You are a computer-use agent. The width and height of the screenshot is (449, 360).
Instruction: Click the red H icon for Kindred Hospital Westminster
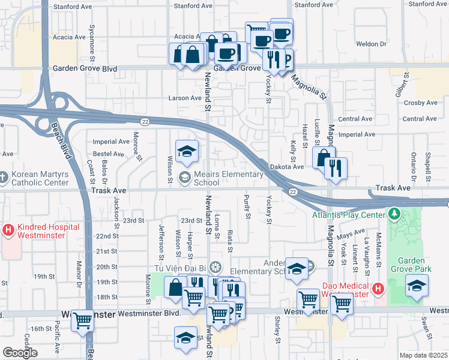(8, 229)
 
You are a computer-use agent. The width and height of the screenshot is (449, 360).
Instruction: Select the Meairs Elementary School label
(229, 178)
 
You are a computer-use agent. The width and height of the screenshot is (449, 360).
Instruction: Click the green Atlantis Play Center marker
(394, 214)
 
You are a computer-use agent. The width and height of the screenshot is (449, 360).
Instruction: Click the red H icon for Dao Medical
(378, 289)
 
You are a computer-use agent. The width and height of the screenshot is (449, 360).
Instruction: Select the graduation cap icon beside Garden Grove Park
(417, 286)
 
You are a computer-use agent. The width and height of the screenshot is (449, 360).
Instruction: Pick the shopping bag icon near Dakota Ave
(324, 159)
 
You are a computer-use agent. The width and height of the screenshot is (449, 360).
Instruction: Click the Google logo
(20, 353)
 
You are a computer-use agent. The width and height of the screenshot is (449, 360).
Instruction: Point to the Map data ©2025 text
(423, 355)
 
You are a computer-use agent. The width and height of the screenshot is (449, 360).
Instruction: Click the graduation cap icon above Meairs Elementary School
(186, 151)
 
